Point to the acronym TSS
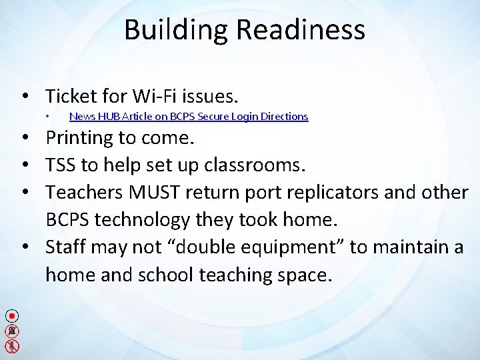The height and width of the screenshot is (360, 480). [61, 165]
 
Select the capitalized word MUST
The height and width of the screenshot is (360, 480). [155, 193]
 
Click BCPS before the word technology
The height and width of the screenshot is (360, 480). [71, 219]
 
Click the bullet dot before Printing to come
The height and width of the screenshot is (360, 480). [24, 138]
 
